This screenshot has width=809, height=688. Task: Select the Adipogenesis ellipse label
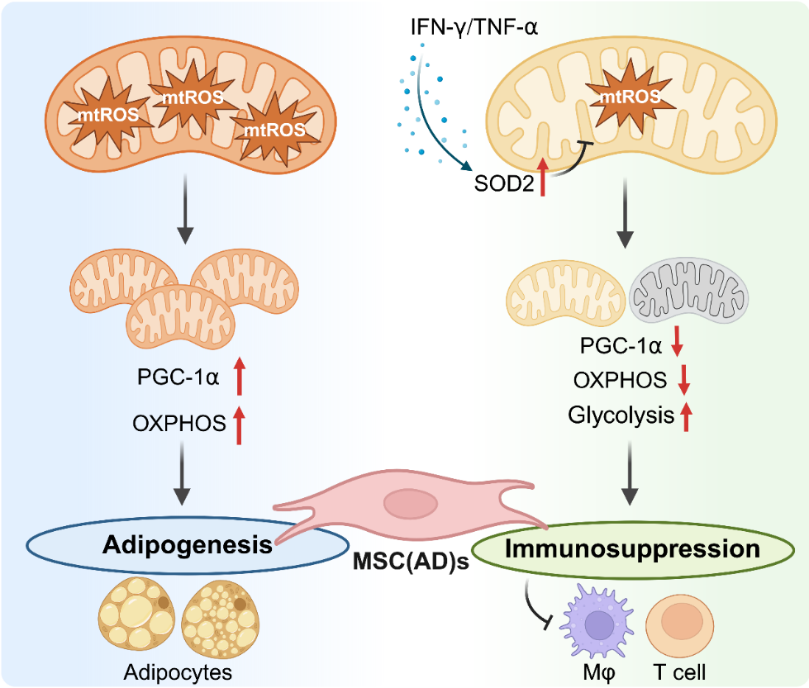(x=188, y=544)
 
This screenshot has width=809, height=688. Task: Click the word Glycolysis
(x=621, y=415)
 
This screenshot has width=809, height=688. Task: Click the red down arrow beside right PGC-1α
(x=678, y=344)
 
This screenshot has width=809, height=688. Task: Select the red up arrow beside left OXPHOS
(x=240, y=425)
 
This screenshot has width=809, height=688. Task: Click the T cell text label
(x=681, y=672)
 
